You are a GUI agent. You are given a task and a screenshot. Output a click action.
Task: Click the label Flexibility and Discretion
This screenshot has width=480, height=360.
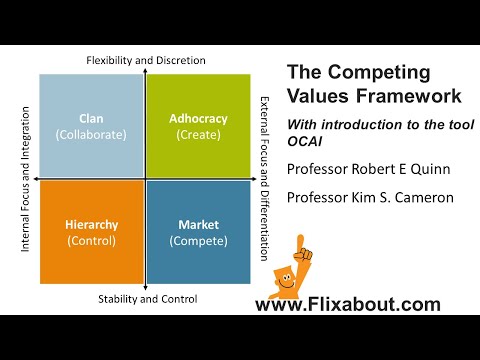146,60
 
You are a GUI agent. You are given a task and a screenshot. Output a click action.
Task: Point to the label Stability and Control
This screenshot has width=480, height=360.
147,299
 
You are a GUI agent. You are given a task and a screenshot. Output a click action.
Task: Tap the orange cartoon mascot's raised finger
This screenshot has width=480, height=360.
300,242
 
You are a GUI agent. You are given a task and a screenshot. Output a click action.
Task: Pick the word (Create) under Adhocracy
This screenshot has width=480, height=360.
199,134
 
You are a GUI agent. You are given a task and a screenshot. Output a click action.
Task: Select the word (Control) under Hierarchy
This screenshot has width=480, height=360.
90,240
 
